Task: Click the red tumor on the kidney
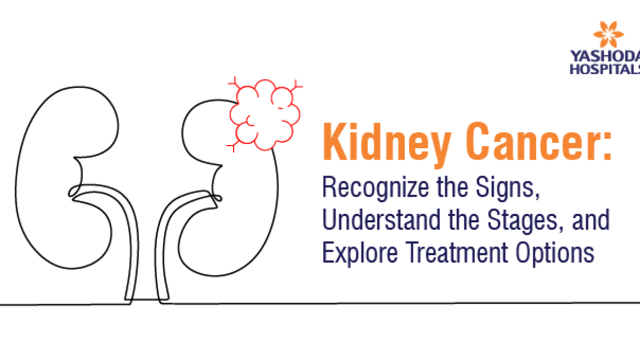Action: [x=264, y=115]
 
